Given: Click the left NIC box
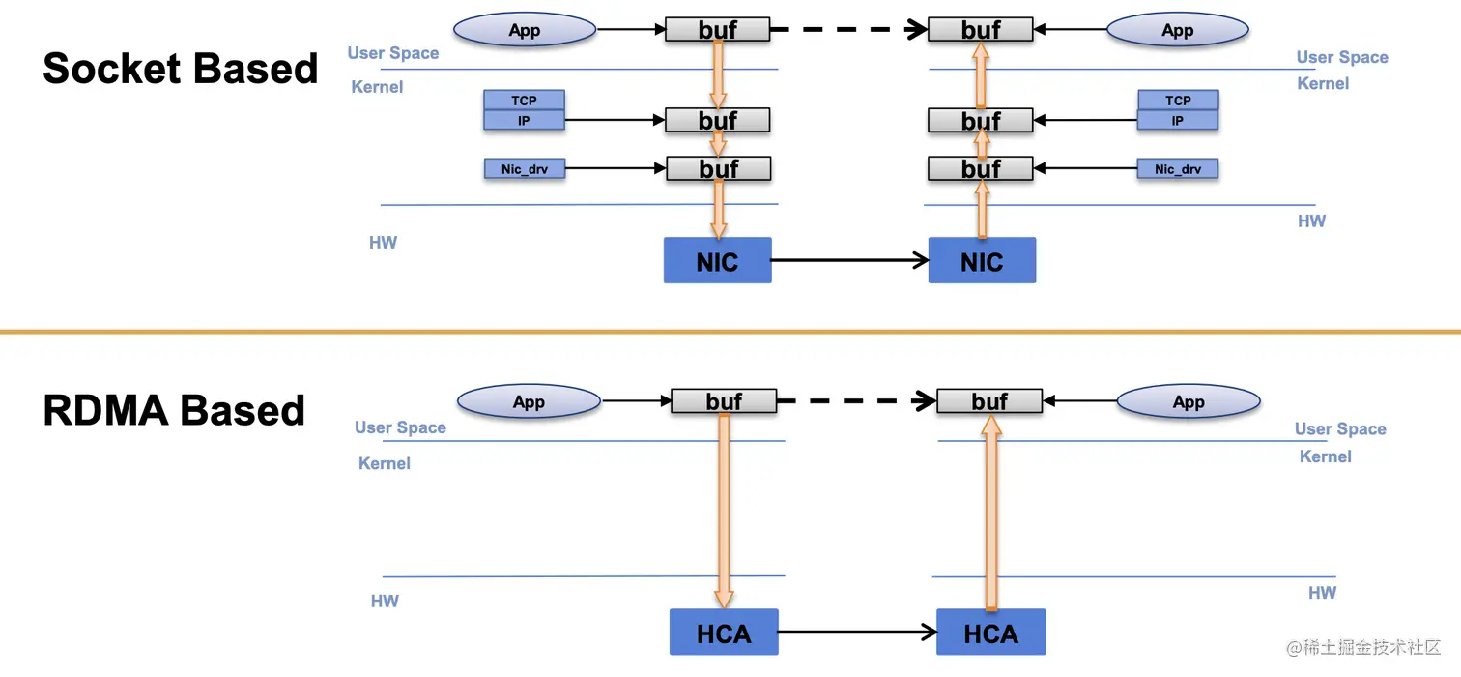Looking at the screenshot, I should pyautogui.click(x=717, y=260).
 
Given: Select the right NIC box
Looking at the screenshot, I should pyautogui.click(x=982, y=260).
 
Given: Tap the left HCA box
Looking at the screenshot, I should pyautogui.click(x=724, y=633).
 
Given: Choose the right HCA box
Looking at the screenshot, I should pyautogui.click(x=990, y=633).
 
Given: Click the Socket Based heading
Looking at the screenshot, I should pyautogui.click(x=181, y=69).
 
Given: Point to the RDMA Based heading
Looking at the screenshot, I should pyautogui.click(x=174, y=410).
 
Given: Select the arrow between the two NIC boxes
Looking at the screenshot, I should pyautogui.click(x=849, y=260).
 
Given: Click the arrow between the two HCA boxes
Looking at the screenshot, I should pyautogui.click(x=857, y=633).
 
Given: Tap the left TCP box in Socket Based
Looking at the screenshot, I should pyautogui.click(x=524, y=101).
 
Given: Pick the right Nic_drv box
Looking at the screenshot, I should pyautogui.click(x=1178, y=169).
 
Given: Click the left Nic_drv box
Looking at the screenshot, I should pyautogui.click(x=525, y=169).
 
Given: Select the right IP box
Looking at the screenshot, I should pyautogui.click(x=1178, y=121).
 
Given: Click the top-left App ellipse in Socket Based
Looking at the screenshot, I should pyautogui.click(x=525, y=30).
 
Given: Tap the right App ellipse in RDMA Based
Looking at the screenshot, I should pyautogui.click(x=1189, y=402).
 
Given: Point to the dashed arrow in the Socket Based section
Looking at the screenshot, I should pyautogui.click(x=848, y=30).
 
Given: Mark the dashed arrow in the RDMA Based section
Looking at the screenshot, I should pyautogui.click(x=856, y=401).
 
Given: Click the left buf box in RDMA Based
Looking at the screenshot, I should pyautogui.click(x=724, y=401).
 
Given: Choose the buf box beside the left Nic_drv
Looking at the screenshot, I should pyautogui.click(x=719, y=169).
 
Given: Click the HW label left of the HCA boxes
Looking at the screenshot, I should pyautogui.click(x=385, y=602).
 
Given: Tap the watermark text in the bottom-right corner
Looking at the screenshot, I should pyautogui.click(x=1361, y=646).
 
